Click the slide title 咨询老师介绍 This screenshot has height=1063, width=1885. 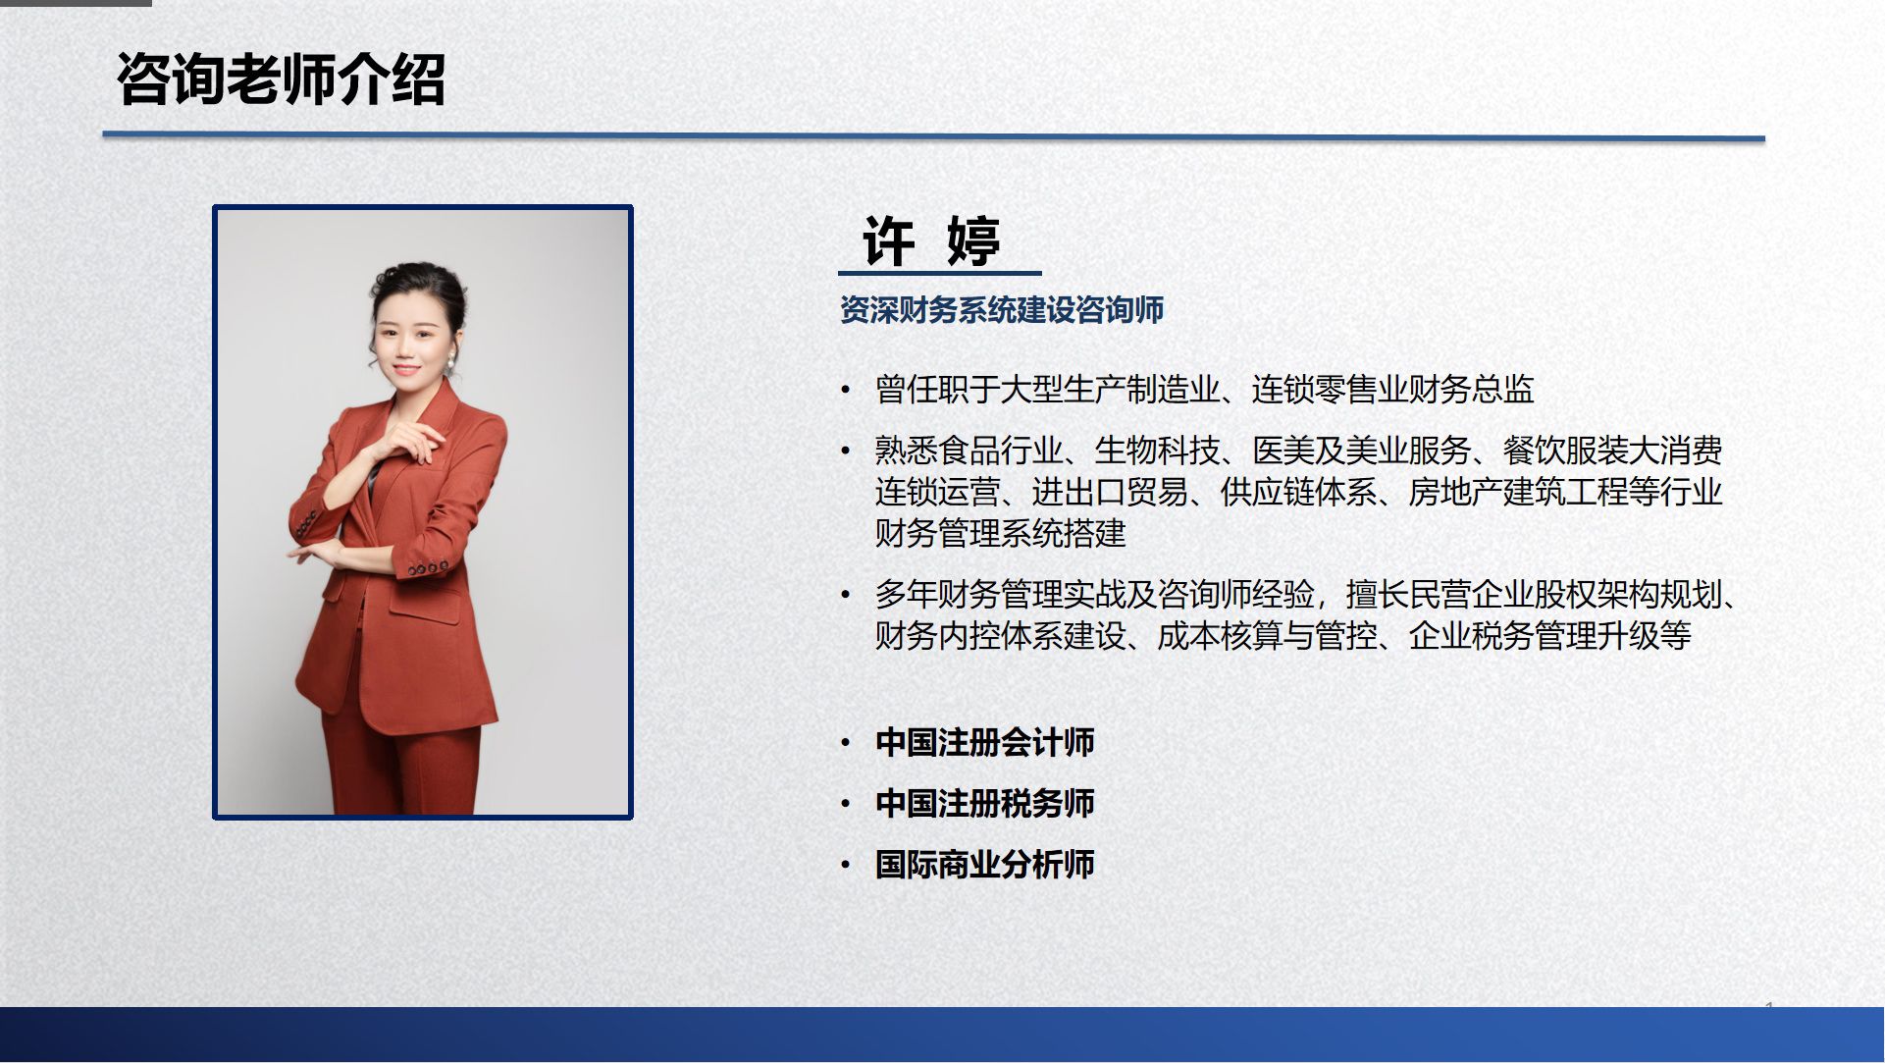pos(281,79)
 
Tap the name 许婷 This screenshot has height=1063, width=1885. pos(931,239)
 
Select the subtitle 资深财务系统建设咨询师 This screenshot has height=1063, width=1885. pos(1002,310)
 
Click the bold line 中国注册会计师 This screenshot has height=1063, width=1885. pos(984,742)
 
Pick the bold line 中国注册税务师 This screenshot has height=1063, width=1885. pos(984,803)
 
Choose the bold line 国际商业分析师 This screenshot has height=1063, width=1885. pos(984,865)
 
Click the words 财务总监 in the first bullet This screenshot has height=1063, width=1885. pos(1471,390)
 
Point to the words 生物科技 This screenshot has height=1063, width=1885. pos(1157,451)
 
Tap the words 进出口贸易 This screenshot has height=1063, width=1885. pos(1110,492)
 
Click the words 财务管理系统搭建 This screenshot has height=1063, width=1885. pos(1000,533)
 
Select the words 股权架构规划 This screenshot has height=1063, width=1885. pos(1628,594)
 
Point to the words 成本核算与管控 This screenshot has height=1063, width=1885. pos(1267,636)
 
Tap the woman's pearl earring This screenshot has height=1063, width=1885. pos(452,363)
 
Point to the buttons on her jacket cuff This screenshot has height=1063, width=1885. pos(425,568)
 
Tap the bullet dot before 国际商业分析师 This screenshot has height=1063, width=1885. pos(846,866)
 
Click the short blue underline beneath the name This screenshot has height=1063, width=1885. pos(940,273)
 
